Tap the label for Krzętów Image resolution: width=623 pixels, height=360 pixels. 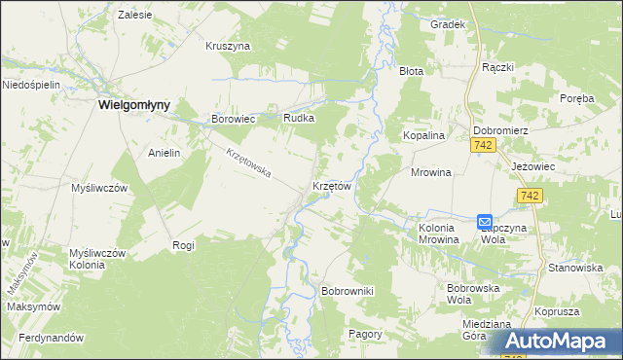pos(331,184)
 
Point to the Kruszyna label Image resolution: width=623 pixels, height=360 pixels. pos(229,45)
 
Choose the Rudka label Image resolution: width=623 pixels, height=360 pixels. pos(299,118)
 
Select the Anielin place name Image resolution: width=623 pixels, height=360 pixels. pos(165,153)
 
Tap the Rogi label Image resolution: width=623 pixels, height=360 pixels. pos(183,245)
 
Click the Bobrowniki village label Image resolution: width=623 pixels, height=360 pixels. pos(348,290)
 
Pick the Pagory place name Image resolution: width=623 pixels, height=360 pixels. pos(365,333)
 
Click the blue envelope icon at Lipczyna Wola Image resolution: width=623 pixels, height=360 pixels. pos(485,222)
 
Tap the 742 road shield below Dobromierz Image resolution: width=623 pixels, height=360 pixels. pos(483,145)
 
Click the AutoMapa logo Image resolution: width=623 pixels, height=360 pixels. pos(563,342)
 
